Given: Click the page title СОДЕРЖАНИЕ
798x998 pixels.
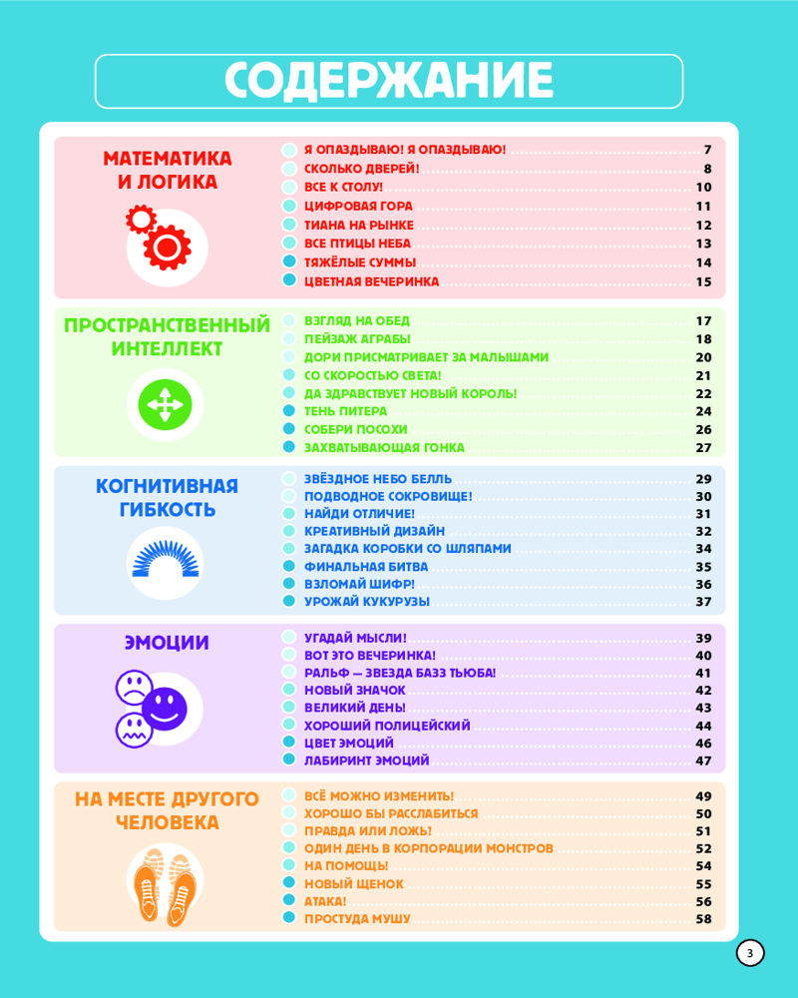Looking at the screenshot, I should (x=389, y=81).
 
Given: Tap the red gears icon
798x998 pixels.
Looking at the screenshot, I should (x=161, y=238).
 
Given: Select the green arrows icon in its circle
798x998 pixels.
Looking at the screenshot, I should (x=164, y=404).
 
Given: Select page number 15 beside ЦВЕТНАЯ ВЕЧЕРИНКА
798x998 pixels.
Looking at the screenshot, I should (x=703, y=281).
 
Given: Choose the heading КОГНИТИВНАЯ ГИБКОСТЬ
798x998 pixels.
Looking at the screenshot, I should (x=167, y=497).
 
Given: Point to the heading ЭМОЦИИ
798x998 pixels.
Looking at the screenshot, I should (x=167, y=643).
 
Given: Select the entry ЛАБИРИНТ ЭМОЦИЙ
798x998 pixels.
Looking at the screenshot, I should (x=366, y=760).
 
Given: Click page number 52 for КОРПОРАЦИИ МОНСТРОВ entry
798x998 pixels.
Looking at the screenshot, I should (x=703, y=848).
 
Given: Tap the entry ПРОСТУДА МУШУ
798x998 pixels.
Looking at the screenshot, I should (x=357, y=918).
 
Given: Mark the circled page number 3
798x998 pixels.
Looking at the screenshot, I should (x=750, y=953).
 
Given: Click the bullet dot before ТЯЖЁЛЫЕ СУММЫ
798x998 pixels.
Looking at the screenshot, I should (x=289, y=262).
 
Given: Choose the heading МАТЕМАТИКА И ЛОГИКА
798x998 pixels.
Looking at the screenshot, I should (x=167, y=170).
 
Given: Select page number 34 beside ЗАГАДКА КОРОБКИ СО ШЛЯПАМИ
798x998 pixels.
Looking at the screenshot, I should (x=703, y=549).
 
